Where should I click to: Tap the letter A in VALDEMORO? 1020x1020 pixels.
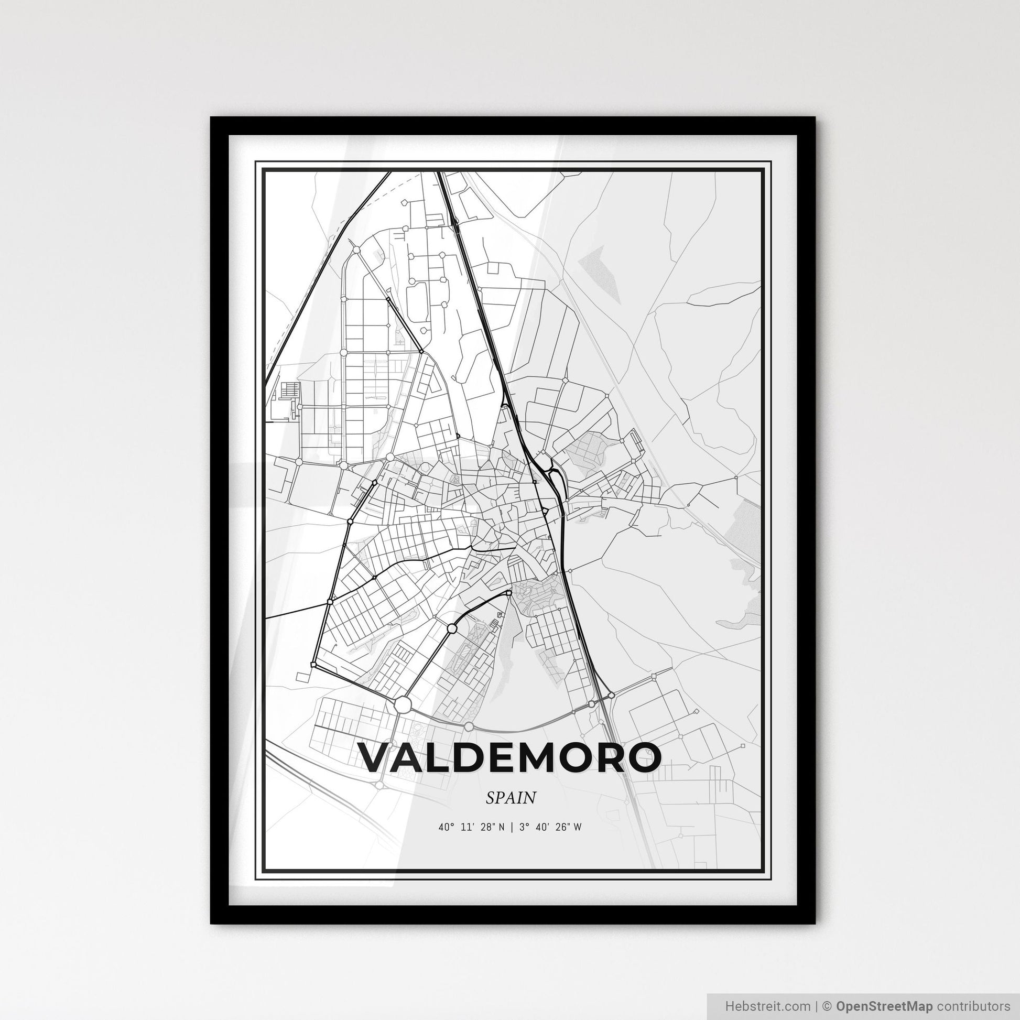click(406, 757)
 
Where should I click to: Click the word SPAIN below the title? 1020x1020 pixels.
click(511, 798)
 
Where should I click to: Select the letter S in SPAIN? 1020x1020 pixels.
click(491, 798)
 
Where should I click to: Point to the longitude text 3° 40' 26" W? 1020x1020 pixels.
click(550, 828)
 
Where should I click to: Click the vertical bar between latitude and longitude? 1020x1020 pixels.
click(512, 828)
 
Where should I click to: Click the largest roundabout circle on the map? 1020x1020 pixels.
click(403, 704)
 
